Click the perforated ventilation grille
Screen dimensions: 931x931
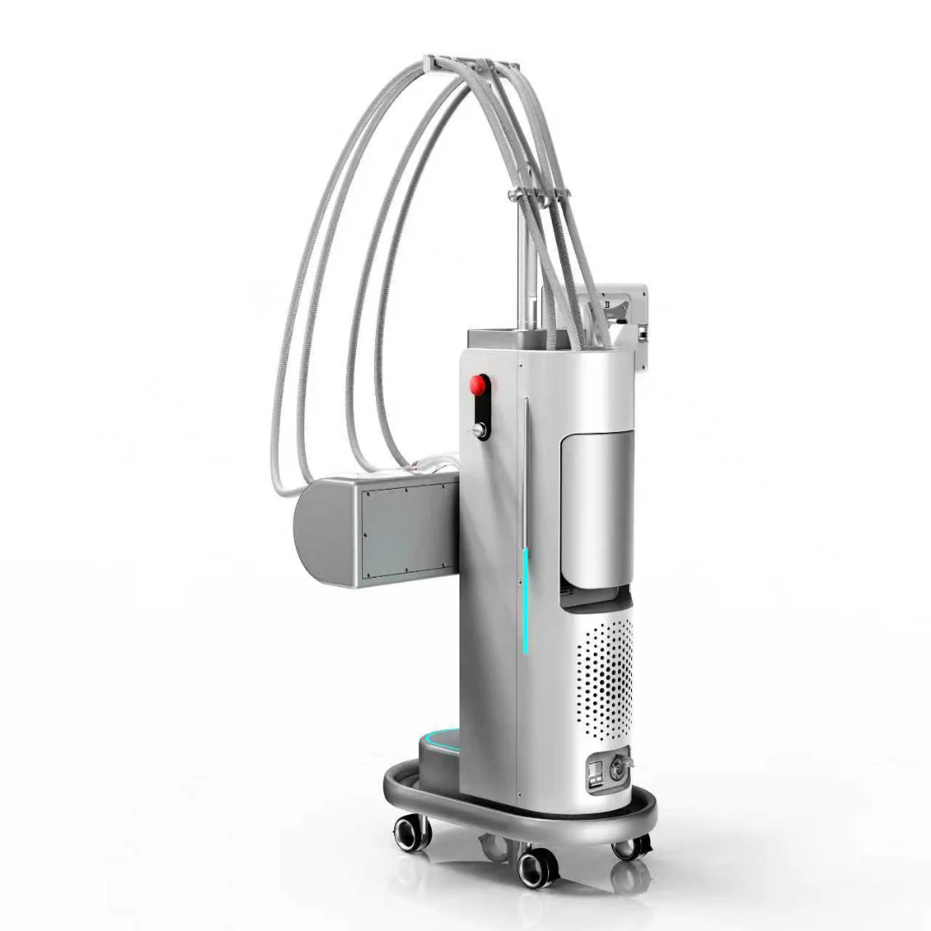tap(603, 672)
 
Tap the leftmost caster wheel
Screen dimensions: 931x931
tap(411, 833)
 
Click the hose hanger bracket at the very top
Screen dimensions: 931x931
tap(470, 66)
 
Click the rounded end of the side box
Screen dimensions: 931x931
tap(316, 529)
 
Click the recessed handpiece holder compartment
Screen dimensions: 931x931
tap(599, 509)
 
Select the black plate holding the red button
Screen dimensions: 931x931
tap(478, 405)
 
